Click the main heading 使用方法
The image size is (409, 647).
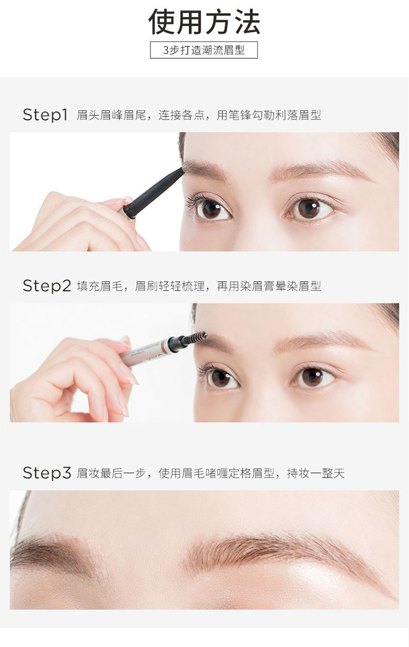click(204, 22)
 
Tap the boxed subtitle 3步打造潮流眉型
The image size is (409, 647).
click(203, 50)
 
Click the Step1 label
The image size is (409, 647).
click(45, 115)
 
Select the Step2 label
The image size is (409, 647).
click(46, 286)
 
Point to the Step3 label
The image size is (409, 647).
click(46, 473)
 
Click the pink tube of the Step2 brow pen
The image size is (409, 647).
click(145, 352)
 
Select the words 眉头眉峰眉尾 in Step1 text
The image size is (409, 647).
click(111, 115)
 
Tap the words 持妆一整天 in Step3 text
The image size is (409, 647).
click(316, 473)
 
